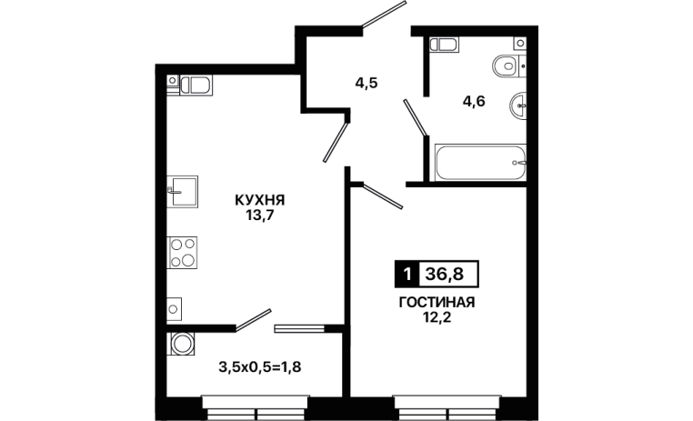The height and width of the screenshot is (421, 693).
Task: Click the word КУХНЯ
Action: click(x=260, y=200)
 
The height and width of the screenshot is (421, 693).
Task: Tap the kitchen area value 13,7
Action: click(x=260, y=216)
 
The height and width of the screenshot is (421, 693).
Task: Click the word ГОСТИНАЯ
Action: click(x=437, y=303)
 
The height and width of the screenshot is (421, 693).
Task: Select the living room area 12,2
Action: click(x=437, y=317)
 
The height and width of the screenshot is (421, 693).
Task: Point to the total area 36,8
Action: click(x=444, y=275)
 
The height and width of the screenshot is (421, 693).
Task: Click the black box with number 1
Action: click(x=406, y=275)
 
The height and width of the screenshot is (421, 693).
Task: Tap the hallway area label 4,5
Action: click(x=367, y=83)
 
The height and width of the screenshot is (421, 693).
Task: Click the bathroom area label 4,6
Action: click(x=474, y=102)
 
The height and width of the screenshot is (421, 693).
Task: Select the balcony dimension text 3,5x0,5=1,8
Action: click(x=260, y=366)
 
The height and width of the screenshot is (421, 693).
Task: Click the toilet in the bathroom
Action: click(x=508, y=66)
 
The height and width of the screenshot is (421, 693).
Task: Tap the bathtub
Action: click(x=480, y=162)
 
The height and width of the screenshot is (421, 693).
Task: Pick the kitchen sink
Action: click(x=183, y=191)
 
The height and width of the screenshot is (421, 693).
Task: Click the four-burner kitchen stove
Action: click(x=182, y=253)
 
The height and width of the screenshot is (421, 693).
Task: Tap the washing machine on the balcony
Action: click(x=182, y=344)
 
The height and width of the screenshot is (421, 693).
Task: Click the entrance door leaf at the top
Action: click(x=384, y=15)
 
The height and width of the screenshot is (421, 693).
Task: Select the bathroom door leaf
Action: click(x=415, y=117)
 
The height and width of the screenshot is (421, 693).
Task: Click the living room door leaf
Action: click(x=382, y=195)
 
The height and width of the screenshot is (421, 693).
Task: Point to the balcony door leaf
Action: click(x=253, y=320)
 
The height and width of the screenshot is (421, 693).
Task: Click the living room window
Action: click(x=447, y=407)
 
